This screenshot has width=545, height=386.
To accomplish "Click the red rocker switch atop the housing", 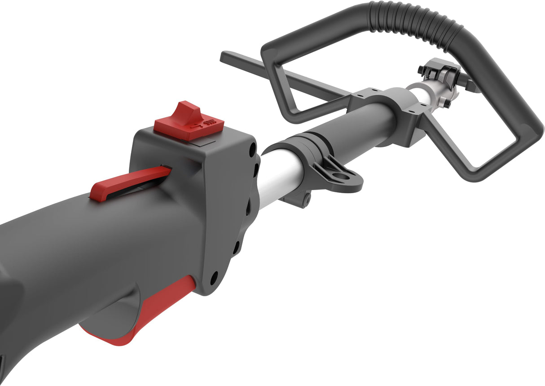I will pos(189,120).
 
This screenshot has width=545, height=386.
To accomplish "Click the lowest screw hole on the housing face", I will pos(214,275).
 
